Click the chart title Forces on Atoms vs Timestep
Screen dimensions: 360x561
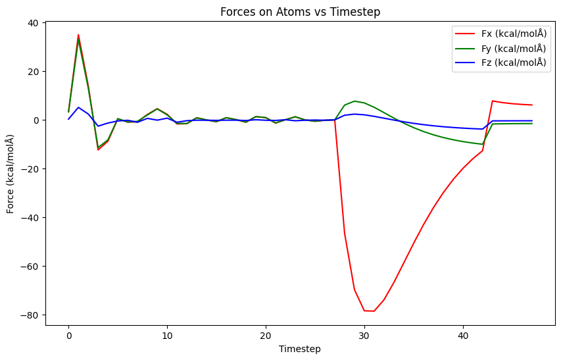(x=302, y=11)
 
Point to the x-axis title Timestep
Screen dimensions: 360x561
(x=300, y=349)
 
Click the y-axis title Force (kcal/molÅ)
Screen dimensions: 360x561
(x=11, y=174)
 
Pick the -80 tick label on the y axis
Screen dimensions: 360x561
(x=30, y=315)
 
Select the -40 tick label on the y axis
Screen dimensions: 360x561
(x=30, y=218)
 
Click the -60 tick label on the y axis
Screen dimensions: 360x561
(x=30, y=267)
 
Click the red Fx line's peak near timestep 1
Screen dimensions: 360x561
(x=78, y=35)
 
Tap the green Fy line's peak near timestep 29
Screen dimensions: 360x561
(x=354, y=101)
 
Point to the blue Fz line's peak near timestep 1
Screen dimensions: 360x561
(x=78, y=107)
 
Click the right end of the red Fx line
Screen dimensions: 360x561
(x=532, y=105)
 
